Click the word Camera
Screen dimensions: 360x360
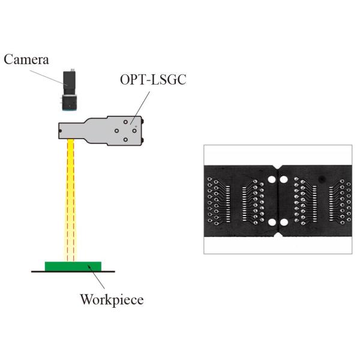click(x=27, y=59)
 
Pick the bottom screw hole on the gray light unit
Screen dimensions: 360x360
click(x=125, y=140)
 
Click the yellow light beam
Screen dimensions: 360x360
click(x=70, y=198)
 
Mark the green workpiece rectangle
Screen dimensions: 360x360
click(x=73, y=265)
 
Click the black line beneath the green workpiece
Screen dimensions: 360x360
click(x=73, y=271)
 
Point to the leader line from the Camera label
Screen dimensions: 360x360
click(x=50, y=72)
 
